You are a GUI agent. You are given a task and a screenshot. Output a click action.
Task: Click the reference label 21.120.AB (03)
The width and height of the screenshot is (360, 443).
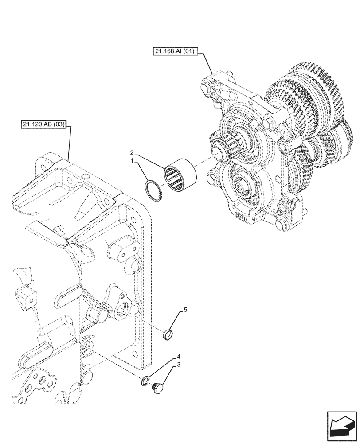pos(43,125)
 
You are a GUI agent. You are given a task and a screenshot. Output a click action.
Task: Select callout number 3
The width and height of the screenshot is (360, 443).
pos(179,365)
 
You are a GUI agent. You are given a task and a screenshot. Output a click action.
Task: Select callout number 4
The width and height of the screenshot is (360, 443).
pos(179,356)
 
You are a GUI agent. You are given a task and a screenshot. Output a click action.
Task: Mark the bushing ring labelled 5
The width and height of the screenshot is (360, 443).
pos(168,335)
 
